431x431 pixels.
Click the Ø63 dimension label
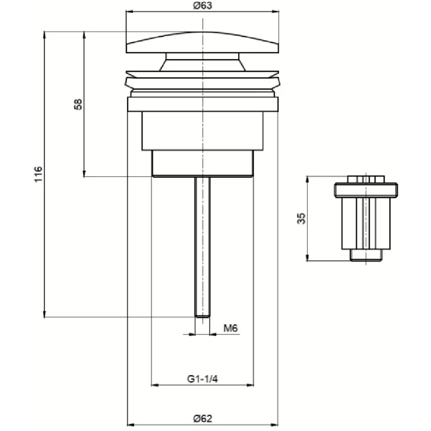coord(203,5)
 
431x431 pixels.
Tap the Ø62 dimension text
coord(203,419)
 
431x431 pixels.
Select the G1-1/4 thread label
coord(203,379)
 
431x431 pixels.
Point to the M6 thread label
coord(231,328)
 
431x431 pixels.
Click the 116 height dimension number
coord(38,174)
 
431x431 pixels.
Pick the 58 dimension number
coord(78,105)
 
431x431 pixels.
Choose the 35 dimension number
coord(302,219)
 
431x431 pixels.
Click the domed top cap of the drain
coord(203,43)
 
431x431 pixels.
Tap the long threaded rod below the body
coord(203,247)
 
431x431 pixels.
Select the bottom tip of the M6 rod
coord(203,317)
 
